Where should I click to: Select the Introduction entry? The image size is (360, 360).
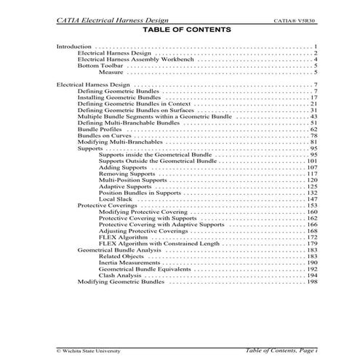(74, 47)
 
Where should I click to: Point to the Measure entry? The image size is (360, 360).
(111, 73)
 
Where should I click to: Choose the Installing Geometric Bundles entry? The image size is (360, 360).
(117, 97)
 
